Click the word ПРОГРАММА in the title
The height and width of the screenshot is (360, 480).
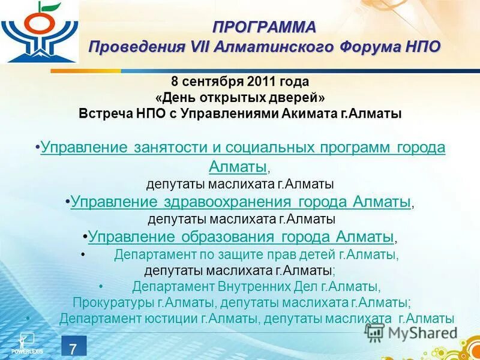click(x=264, y=27)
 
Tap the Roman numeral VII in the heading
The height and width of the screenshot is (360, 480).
click(x=203, y=47)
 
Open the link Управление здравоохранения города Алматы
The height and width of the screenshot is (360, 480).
click(x=241, y=202)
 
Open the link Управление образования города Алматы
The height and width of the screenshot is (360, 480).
click(x=241, y=236)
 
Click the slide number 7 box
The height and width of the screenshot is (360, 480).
click(x=73, y=347)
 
